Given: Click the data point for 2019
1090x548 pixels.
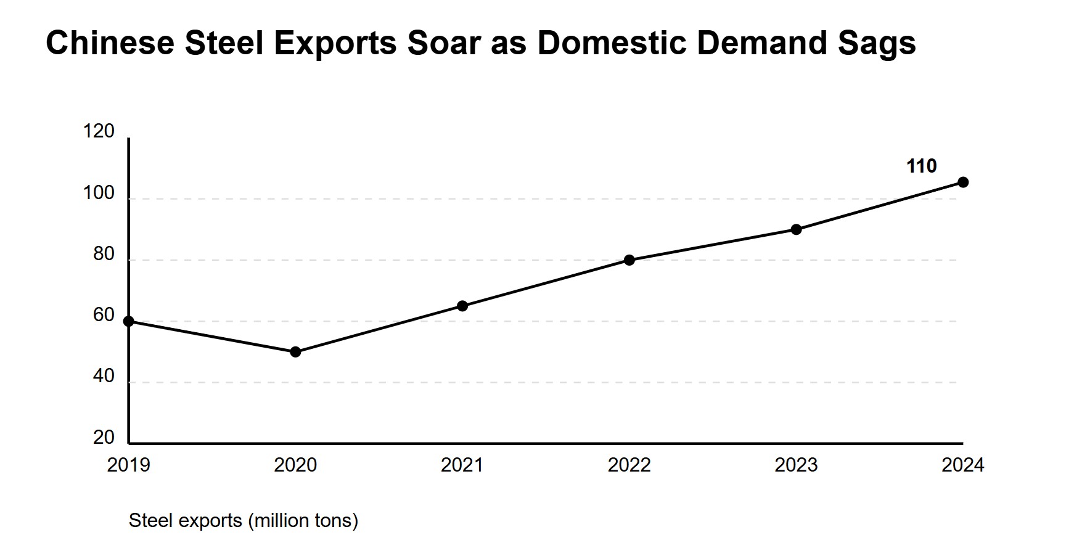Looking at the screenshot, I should [129, 321].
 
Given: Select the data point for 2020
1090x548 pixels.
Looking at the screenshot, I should [295, 352].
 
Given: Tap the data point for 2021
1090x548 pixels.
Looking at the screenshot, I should [462, 306].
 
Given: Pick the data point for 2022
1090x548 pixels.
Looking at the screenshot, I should [629, 260].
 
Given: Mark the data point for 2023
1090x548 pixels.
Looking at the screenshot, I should [796, 229].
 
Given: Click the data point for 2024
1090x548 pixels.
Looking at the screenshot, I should [963, 182].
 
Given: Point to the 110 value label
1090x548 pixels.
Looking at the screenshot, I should [921, 166].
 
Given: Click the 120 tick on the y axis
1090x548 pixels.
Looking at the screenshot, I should [99, 131].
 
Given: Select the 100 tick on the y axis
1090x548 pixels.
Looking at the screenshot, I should [99, 194].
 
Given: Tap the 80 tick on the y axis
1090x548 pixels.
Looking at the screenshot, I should [104, 254].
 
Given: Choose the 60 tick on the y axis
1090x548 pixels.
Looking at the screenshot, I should [104, 315].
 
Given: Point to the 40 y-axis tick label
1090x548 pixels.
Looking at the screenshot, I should [104, 376].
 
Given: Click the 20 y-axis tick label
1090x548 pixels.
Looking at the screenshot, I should [104, 437].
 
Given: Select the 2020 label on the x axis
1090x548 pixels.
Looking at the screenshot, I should [295, 465].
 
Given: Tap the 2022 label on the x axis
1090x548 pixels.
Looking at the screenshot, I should [629, 465].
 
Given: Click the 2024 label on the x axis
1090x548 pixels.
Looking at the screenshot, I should [963, 465].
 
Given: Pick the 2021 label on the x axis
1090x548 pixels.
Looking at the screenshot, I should [462, 465].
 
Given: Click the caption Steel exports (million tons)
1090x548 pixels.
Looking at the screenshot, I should [243, 521].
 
